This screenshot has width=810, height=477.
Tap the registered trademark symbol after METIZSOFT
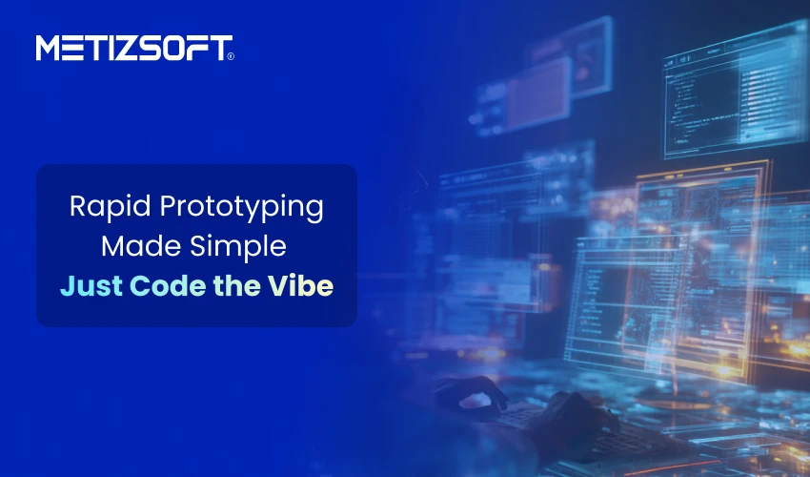pyautogui.click(x=230, y=56)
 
